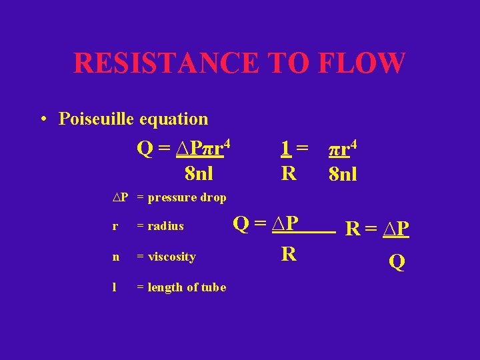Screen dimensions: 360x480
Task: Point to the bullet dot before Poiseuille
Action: click(43, 120)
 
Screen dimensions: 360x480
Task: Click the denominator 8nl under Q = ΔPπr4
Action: click(199, 175)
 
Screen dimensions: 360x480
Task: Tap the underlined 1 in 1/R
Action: click(285, 149)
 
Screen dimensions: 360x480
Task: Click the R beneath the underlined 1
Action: click(289, 174)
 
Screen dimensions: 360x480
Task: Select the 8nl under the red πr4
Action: click(343, 175)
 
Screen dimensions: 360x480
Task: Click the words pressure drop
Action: click(187, 197)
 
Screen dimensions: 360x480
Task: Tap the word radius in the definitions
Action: click(165, 226)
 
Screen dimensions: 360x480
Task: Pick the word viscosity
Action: click(172, 257)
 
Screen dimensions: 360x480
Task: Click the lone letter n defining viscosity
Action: click(116, 257)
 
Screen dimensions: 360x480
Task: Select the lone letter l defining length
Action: click(115, 287)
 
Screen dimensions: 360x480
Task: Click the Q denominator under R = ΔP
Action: click(397, 263)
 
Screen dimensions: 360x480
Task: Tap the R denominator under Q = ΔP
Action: click(289, 253)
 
